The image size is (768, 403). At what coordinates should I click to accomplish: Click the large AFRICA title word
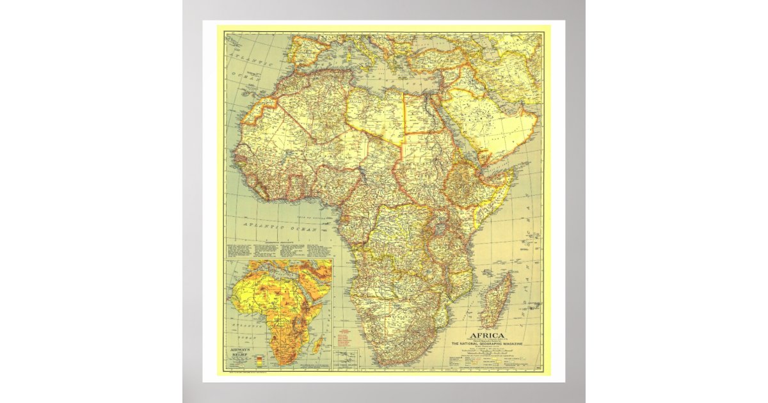[x=487, y=336]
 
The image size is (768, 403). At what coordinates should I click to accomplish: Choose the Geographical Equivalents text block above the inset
[x=278, y=249]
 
